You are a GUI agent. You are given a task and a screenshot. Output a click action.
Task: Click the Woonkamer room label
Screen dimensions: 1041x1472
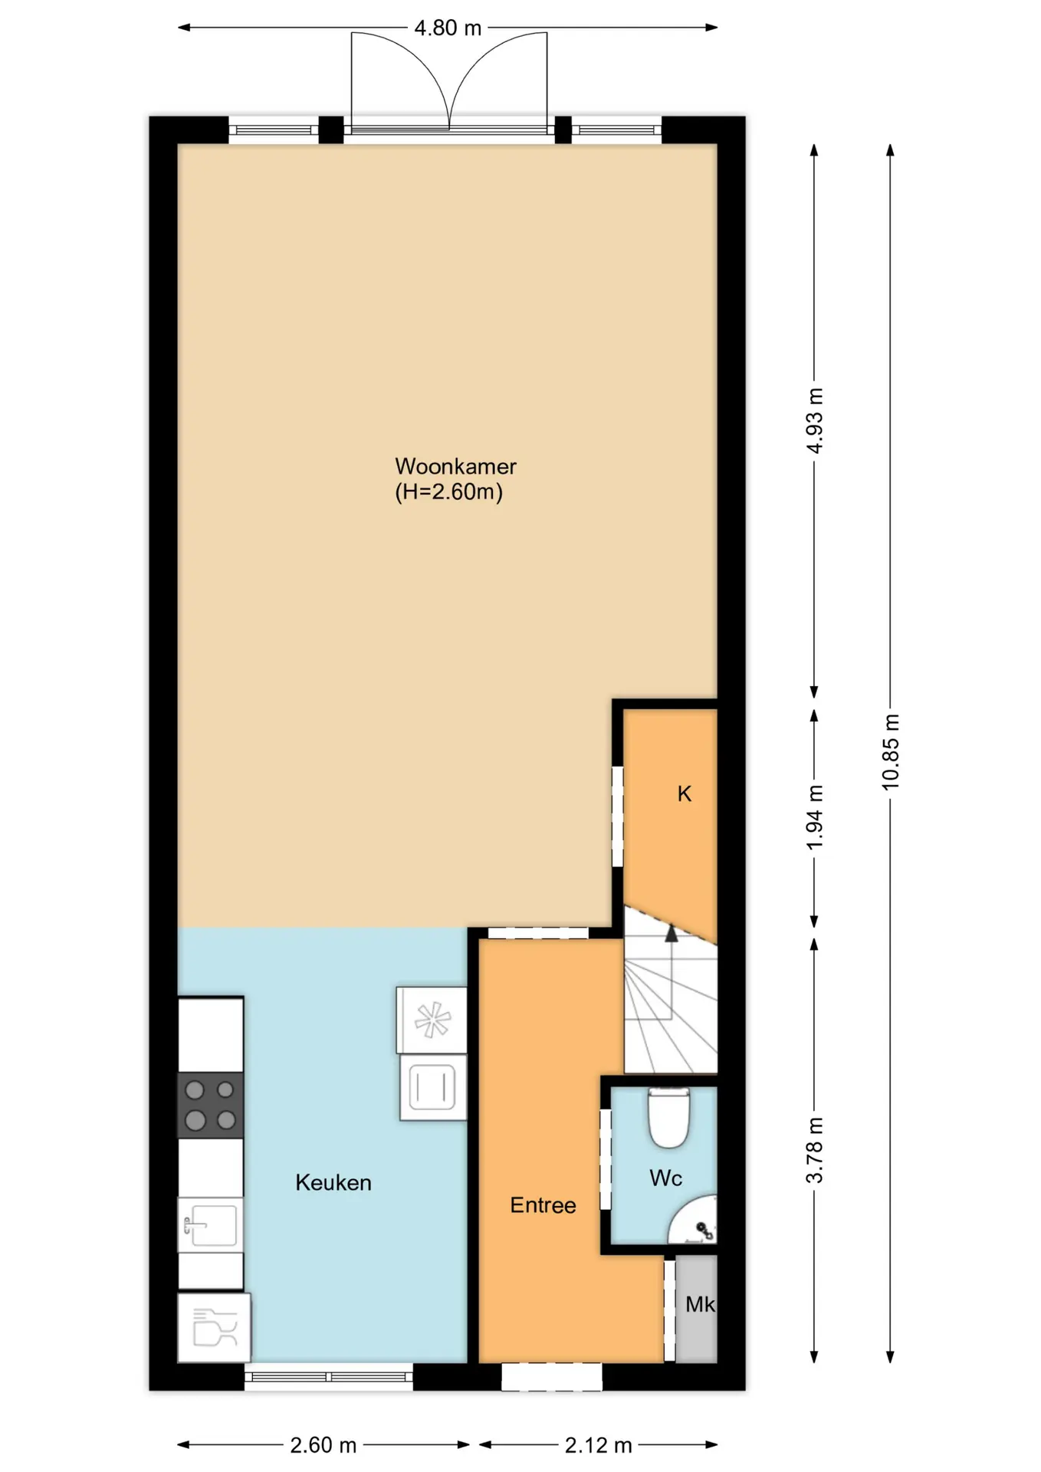(455, 466)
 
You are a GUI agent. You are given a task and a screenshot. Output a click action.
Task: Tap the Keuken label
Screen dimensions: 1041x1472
(333, 1182)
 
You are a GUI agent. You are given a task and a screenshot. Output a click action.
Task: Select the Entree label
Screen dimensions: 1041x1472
(543, 1205)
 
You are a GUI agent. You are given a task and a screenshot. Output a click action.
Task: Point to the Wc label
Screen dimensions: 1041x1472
(665, 1178)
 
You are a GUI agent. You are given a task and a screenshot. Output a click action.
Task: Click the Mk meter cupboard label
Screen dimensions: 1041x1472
(700, 1304)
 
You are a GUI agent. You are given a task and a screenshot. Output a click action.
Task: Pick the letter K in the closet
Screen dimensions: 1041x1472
(685, 793)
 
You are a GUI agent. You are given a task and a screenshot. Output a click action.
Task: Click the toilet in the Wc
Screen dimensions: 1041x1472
(669, 1118)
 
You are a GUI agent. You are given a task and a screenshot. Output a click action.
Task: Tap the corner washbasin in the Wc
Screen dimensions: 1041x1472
(695, 1221)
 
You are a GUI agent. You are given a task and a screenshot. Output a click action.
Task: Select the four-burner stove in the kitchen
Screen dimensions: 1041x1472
(211, 1105)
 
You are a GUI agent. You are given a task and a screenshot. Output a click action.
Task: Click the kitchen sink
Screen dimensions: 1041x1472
(210, 1224)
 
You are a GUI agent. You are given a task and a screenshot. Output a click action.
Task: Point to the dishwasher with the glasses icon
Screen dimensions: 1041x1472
(214, 1328)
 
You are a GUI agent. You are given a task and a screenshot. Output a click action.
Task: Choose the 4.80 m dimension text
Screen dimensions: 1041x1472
(448, 28)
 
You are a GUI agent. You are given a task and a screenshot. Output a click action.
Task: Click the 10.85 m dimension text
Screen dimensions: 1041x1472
(891, 751)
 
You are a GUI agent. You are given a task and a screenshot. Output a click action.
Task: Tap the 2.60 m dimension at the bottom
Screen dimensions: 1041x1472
(323, 1445)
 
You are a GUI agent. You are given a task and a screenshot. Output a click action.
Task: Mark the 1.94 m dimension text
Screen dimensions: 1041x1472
(815, 816)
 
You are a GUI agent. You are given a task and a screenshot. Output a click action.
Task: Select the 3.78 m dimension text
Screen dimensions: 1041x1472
(815, 1150)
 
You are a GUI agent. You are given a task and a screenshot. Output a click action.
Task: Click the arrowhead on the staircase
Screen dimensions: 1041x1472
(672, 933)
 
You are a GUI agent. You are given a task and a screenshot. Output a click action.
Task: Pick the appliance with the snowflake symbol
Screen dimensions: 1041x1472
(432, 1020)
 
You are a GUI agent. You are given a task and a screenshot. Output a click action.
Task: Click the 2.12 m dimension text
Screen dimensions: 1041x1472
(599, 1445)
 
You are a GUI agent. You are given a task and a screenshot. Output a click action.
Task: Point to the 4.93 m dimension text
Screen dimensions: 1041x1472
(815, 420)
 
